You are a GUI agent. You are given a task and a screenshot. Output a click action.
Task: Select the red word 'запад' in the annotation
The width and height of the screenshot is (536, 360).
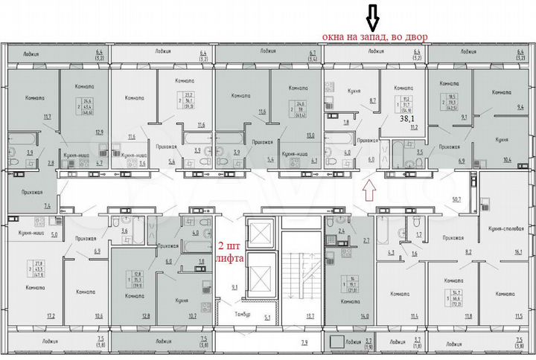(x=372, y=35)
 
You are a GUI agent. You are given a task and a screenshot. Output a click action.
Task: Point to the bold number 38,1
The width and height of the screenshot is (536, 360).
(x=409, y=118)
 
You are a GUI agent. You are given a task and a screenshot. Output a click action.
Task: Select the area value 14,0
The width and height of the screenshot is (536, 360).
(x=364, y=316)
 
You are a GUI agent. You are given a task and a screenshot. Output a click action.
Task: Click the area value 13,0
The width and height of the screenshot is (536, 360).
(x=309, y=135)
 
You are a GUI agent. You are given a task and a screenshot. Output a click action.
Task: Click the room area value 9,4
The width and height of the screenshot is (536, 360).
(x=519, y=107)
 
